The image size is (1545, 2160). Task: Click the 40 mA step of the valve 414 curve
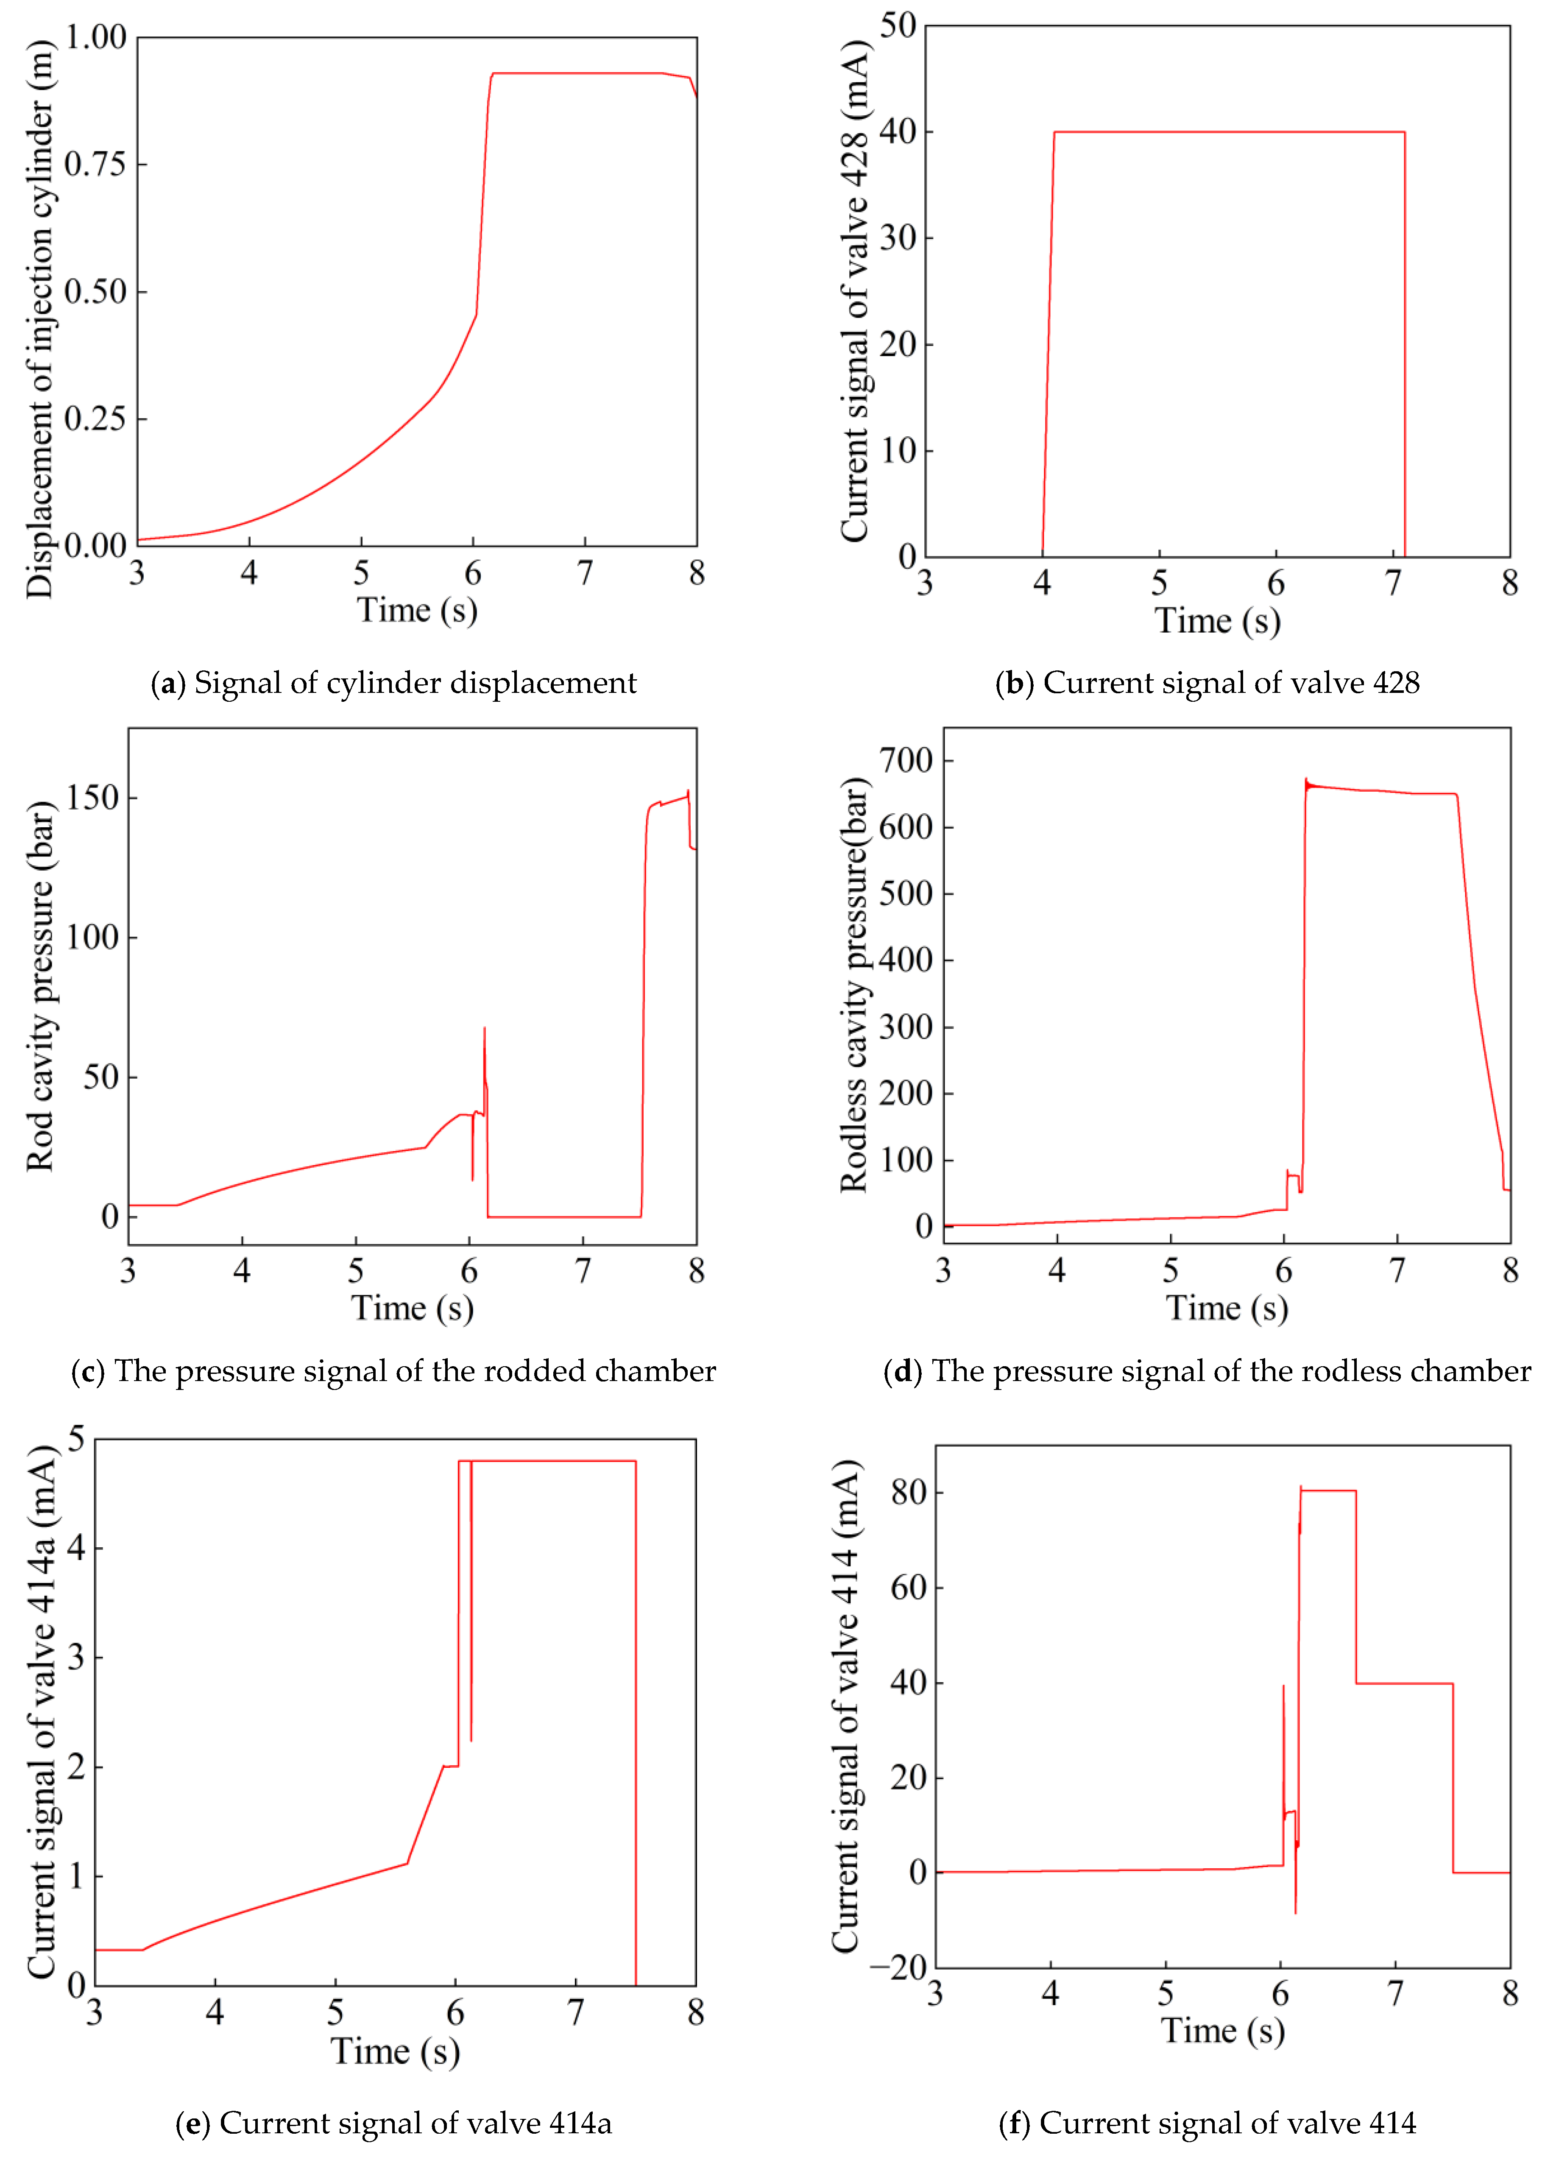point(1404,1683)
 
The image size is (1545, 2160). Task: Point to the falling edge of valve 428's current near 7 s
point(1404,343)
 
